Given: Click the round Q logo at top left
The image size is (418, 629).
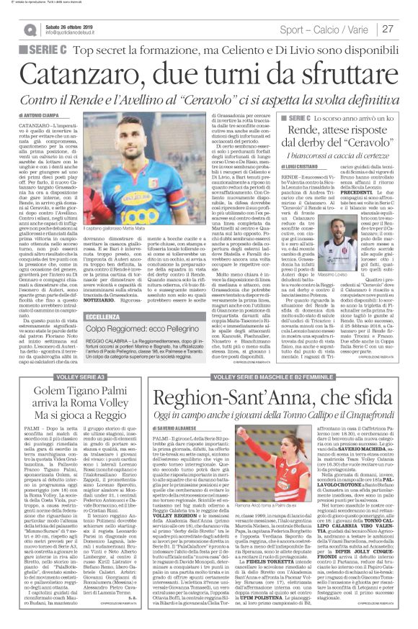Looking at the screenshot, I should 30,30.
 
